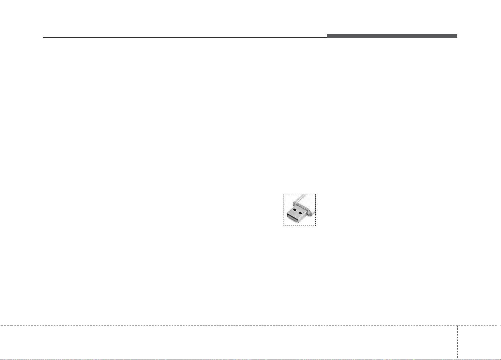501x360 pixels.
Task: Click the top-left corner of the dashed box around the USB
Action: [284, 194]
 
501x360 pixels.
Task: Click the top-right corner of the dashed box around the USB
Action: [316, 194]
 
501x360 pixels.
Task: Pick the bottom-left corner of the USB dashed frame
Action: [284, 226]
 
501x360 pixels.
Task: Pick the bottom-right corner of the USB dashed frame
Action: [316, 226]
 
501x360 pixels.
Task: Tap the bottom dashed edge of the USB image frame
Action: [300, 226]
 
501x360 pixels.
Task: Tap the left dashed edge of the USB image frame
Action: [284, 210]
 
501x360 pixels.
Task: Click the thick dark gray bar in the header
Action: [392, 36]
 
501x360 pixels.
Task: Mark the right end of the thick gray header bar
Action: [457, 36]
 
